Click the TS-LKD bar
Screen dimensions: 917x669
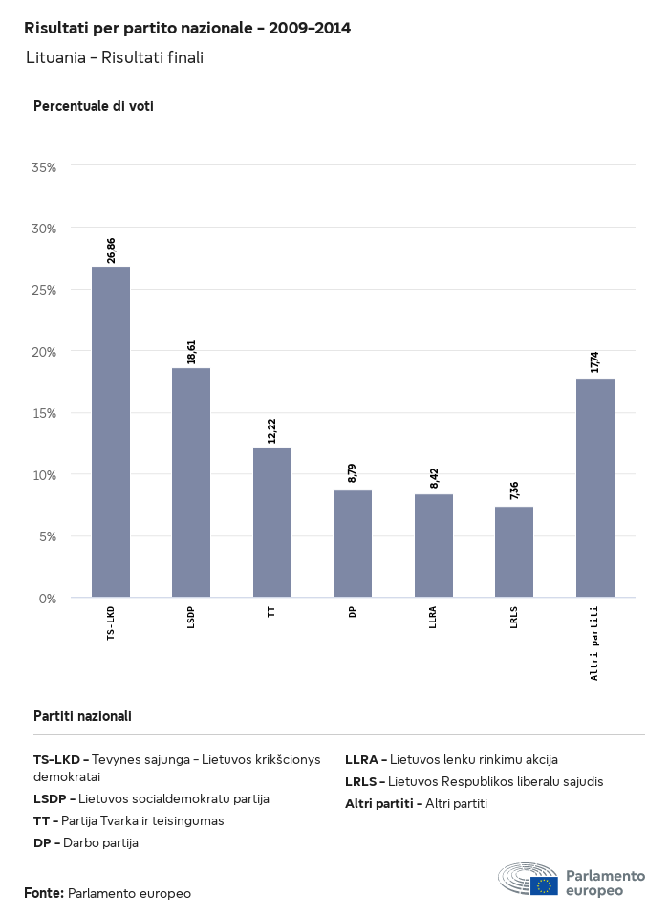coord(111,432)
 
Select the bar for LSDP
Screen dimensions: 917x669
coord(191,483)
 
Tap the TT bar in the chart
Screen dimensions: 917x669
coord(272,522)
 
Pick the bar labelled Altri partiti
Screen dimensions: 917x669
coord(595,488)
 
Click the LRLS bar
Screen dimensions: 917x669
coord(514,552)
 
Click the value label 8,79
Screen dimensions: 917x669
coord(353,472)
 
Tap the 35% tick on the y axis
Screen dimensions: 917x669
coord(45,167)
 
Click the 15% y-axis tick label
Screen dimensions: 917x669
coord(45,413)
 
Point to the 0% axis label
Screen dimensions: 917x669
coord(49,599)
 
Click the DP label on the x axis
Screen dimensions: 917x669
coord(353,611)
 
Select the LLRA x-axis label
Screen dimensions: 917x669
coord(434,617)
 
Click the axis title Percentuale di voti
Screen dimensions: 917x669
coord(94,106)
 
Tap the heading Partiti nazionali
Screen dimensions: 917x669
coord(82,716)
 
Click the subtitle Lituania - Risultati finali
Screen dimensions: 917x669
coord(115,57)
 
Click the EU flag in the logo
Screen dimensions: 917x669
coord(545,885)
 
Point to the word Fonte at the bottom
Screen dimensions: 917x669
coord(44,893)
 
